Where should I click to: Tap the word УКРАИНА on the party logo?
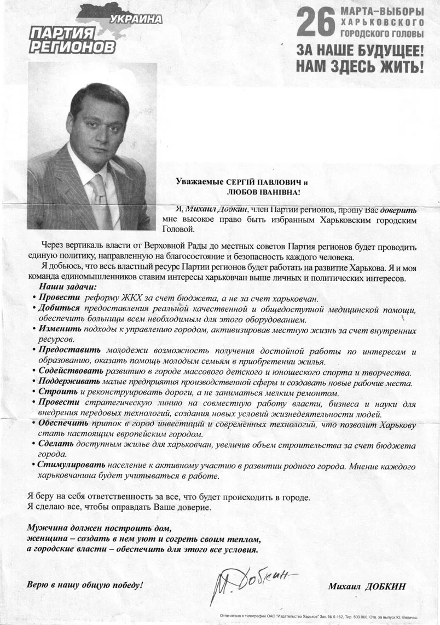136,20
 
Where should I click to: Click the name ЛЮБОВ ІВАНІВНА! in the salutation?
263,193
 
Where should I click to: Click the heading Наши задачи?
67,287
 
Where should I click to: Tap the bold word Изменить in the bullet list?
60,330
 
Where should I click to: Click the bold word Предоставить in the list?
70,351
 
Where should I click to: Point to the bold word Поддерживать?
71,382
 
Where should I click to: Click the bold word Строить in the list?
58,393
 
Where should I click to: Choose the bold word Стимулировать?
72,465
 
